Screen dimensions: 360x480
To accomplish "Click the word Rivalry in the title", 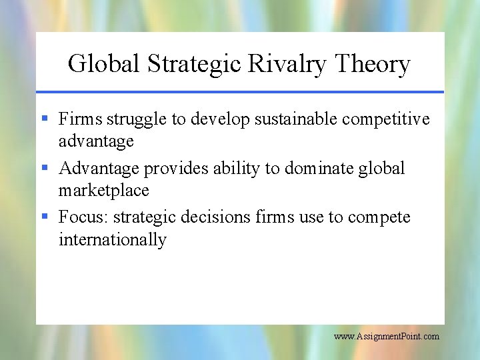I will (x=288, y=65).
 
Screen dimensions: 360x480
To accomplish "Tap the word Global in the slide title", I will (x=105, y=65).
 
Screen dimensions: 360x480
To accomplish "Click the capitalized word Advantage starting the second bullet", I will (x=99, y=169).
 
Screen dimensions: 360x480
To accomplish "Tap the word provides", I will (x=177, y=169).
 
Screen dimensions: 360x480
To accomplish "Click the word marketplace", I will (x=103, y=191).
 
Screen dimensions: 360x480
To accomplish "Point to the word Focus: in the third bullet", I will (x=81, y=217).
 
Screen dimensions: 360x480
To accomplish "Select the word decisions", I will (x=220, y=217).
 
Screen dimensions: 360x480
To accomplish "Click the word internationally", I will (x=112, y=240).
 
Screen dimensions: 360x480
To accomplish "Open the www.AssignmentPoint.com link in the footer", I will (x=387, y=336).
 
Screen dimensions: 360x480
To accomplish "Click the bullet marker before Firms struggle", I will (x=45, y=119).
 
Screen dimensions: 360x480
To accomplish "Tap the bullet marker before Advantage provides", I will (x=45, y=168).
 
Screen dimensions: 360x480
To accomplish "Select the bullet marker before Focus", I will (x=45, y=217).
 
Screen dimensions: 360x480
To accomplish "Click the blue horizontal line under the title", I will (x=240, y=91).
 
